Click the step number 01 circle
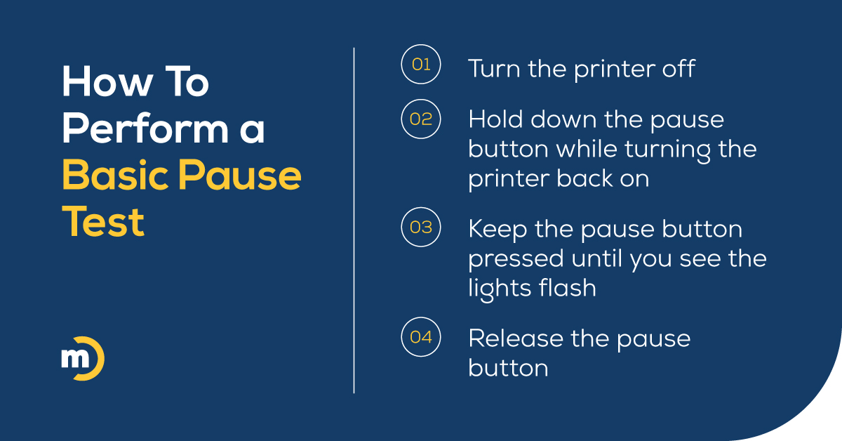420,65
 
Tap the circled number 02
420,119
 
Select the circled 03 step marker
420,228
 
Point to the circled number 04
420,337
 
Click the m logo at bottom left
82,360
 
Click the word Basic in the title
112,176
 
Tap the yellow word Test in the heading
103,223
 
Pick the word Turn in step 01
493,69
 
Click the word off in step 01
677,69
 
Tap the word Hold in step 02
495,119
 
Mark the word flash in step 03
568,288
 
